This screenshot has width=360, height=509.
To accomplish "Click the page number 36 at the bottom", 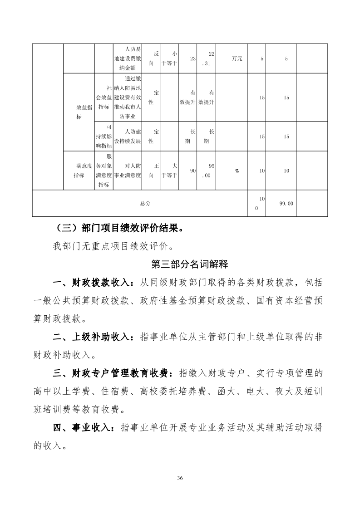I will coord(180,478).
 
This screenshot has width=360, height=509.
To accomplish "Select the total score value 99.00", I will coord(286,204).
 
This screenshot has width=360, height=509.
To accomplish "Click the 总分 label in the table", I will coord(145,204).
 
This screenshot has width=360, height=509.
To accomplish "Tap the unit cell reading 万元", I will coord(237,59).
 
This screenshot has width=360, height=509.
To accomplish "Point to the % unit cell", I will coord(237,171).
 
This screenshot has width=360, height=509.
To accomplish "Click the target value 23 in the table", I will coord(192,59).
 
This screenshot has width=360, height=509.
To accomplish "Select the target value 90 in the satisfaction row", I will coord(192,171).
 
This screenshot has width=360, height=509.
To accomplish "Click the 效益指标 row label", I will coord(84,112).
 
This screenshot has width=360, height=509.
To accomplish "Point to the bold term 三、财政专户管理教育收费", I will coord(112,373).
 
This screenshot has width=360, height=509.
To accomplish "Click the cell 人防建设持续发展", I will coord(128,136).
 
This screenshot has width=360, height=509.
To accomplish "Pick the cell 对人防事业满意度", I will coord(128,171).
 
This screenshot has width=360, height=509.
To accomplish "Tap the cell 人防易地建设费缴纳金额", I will coord(128,59).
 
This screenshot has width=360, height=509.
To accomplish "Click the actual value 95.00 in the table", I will coord(206,171).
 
